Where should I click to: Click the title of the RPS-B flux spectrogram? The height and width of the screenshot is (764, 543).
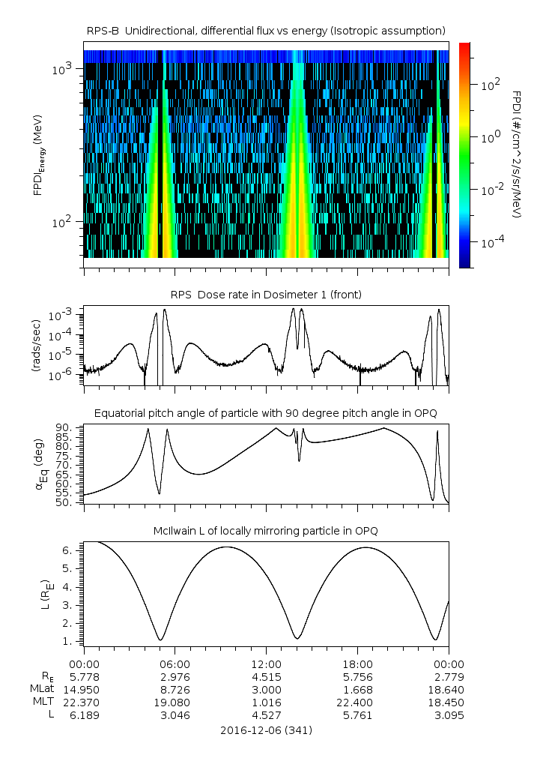coord(266,30)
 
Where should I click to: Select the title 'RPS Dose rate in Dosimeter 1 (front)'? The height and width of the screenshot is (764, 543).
coord(266,295)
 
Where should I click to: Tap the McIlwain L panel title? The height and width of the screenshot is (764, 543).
coord(266,531)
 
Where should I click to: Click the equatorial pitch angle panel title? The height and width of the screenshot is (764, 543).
coord(266,413)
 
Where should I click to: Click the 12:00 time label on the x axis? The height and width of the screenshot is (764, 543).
coord(266,664)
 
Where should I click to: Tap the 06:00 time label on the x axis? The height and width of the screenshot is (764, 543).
coord(175,664)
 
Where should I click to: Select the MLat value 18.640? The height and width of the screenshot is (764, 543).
coord(449,690)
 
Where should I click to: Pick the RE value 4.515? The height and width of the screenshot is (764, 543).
coord(266,677)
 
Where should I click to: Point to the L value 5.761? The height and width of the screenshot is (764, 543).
coord(357,715)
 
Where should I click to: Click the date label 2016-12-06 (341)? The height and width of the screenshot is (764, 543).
coord(266,730)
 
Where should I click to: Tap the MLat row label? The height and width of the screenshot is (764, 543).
coord(40,690)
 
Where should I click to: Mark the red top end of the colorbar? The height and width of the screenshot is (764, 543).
coord(464,46)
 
